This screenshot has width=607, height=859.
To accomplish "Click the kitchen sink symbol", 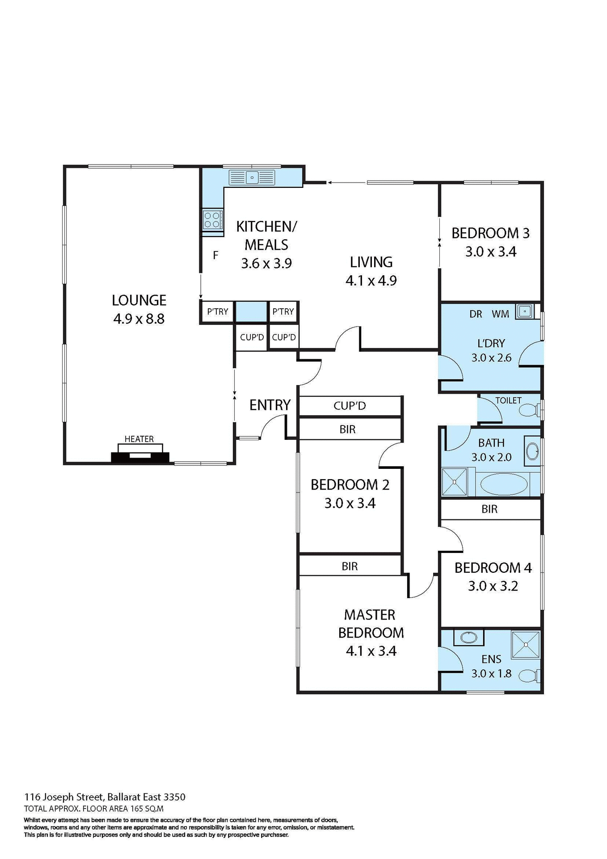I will [252, 178].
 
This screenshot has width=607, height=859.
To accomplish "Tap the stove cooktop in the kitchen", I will [212, 220].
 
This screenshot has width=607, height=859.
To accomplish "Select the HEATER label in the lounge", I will [139, 439].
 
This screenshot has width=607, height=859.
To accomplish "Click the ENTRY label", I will [270, 405].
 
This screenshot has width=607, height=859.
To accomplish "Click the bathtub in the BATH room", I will [504, 484].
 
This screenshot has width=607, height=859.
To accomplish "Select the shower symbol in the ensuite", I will [526, 645].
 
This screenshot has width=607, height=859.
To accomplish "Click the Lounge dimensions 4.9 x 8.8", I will [139, 319].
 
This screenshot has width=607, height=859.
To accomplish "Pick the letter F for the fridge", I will [215, 255].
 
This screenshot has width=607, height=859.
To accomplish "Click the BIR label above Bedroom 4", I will [489, 509].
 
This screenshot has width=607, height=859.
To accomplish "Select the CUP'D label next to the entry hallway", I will [350, 406].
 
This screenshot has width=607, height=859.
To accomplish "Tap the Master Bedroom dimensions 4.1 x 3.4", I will [371, 651].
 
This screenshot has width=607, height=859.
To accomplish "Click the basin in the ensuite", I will [468, 638].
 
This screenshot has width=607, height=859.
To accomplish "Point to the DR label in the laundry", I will [476, 314].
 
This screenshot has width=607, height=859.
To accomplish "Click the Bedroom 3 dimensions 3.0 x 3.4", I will [491, 252].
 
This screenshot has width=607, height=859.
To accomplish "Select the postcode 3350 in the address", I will [174, 797].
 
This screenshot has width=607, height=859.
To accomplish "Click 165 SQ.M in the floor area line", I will [147, 808].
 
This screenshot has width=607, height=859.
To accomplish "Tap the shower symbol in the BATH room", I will [454, 482].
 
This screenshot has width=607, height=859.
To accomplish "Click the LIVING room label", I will [371, 262].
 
